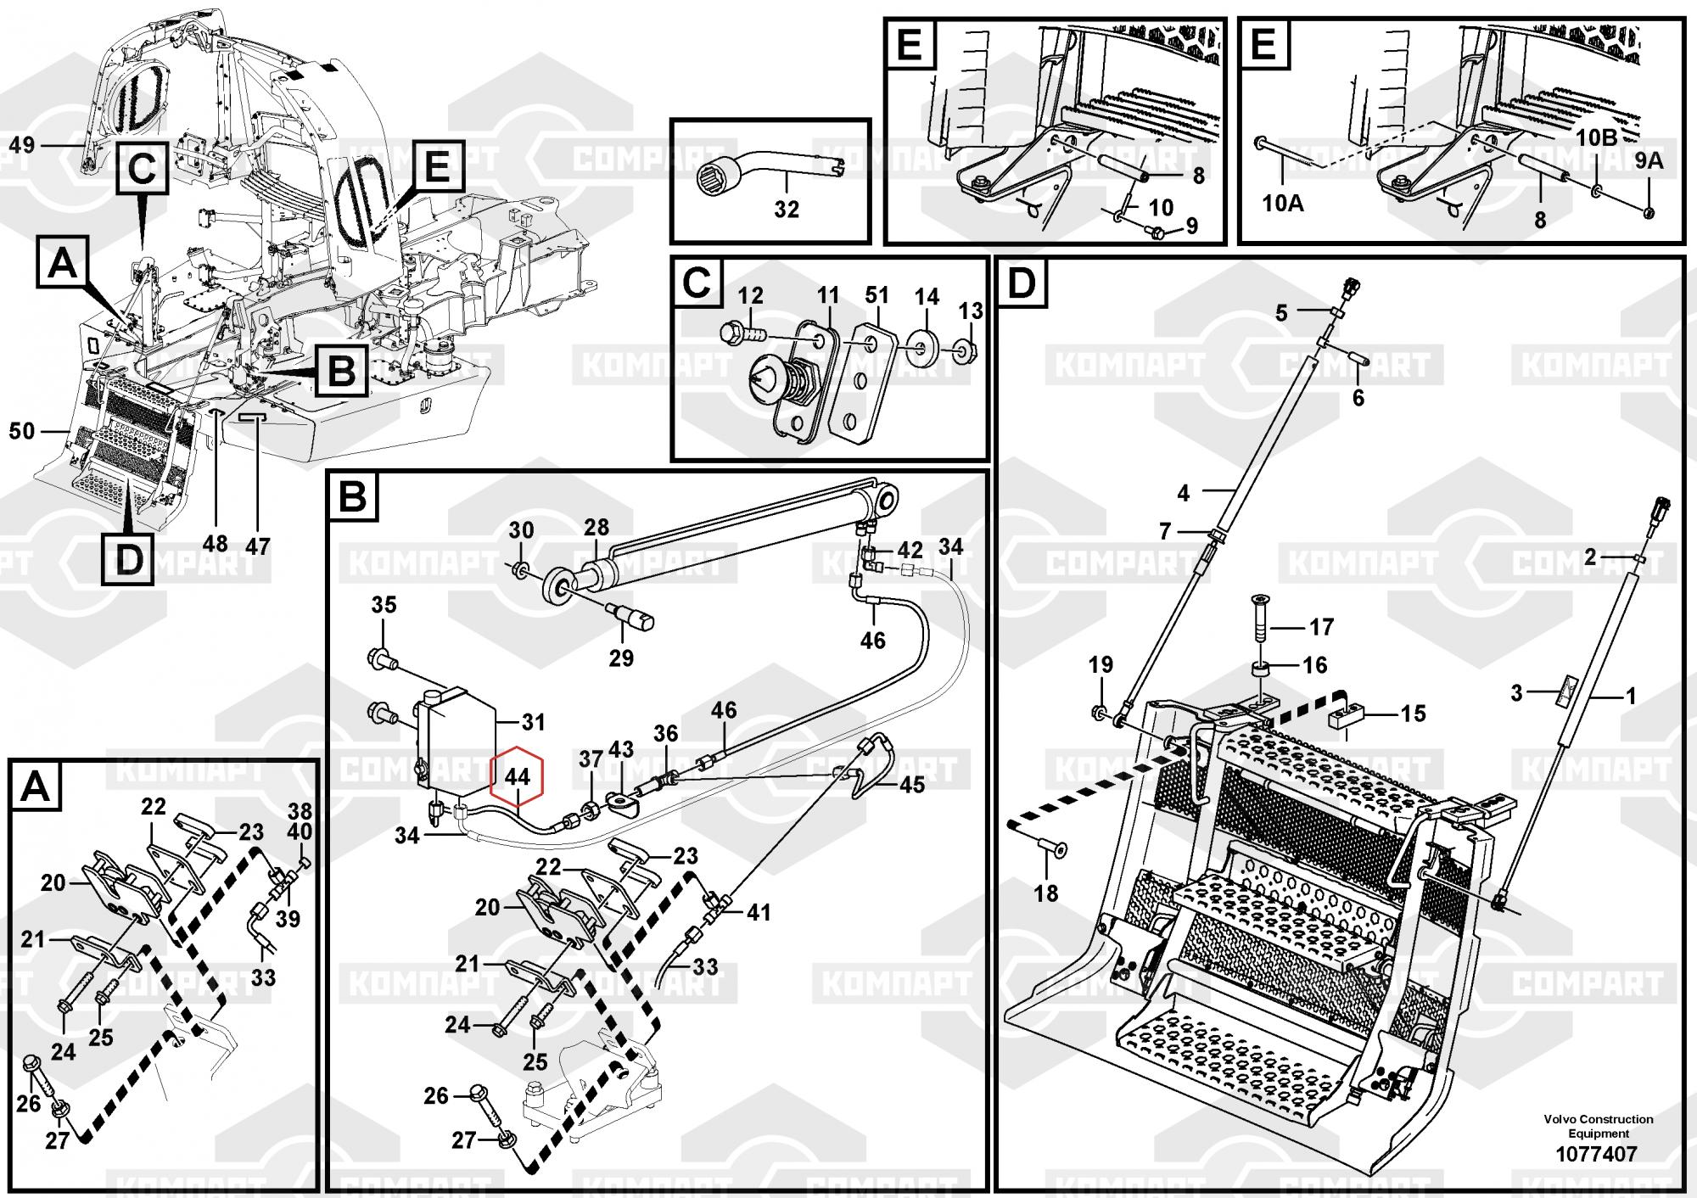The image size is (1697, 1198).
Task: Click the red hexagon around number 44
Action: point(517,775)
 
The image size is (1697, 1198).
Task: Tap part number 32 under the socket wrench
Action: point(787,209)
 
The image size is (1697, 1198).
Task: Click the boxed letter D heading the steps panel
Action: point(1022,283)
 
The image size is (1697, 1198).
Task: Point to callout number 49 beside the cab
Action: point(21,145)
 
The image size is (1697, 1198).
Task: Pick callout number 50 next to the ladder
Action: point(21,431)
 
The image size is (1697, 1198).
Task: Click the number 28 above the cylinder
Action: point(596,528)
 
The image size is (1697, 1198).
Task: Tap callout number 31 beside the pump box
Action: point(533,722)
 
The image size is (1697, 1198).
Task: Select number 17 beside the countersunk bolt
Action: point(1322,627)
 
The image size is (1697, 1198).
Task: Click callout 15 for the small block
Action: point(1413,714)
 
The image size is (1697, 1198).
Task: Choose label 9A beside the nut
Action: point(1649,160)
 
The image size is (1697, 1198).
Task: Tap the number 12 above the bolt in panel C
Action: point(750,295)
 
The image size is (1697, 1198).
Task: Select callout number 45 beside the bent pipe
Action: point(912,785)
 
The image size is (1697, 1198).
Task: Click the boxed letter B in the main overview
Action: point(341,371)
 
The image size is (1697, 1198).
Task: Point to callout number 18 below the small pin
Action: point(1045,893)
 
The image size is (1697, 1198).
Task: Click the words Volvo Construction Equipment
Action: point(1598,1126)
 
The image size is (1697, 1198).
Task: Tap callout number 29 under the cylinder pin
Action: point(621,658)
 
